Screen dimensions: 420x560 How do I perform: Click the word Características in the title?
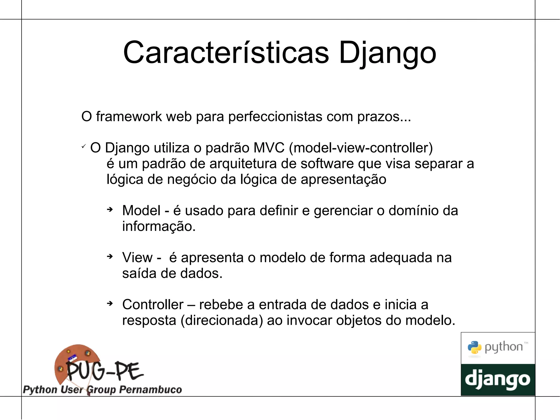click(x=226, y=53)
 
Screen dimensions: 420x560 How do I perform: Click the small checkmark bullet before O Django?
click(x=84, y=147)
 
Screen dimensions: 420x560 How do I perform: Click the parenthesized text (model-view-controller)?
click(x=361, y=148)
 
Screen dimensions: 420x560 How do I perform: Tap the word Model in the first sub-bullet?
click(x=141, y=211)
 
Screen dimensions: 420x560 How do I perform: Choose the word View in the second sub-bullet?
click(x=137, y=258)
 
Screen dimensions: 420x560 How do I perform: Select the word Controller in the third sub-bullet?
click(x=153, y=305)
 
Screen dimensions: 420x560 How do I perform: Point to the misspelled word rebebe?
click(x=221, y=305)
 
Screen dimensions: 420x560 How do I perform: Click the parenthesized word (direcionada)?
click(x=222, y=320)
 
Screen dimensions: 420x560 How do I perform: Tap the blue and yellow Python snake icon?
click(x=474, y=348)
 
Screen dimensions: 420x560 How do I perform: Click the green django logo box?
click(x=498, y=380)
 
